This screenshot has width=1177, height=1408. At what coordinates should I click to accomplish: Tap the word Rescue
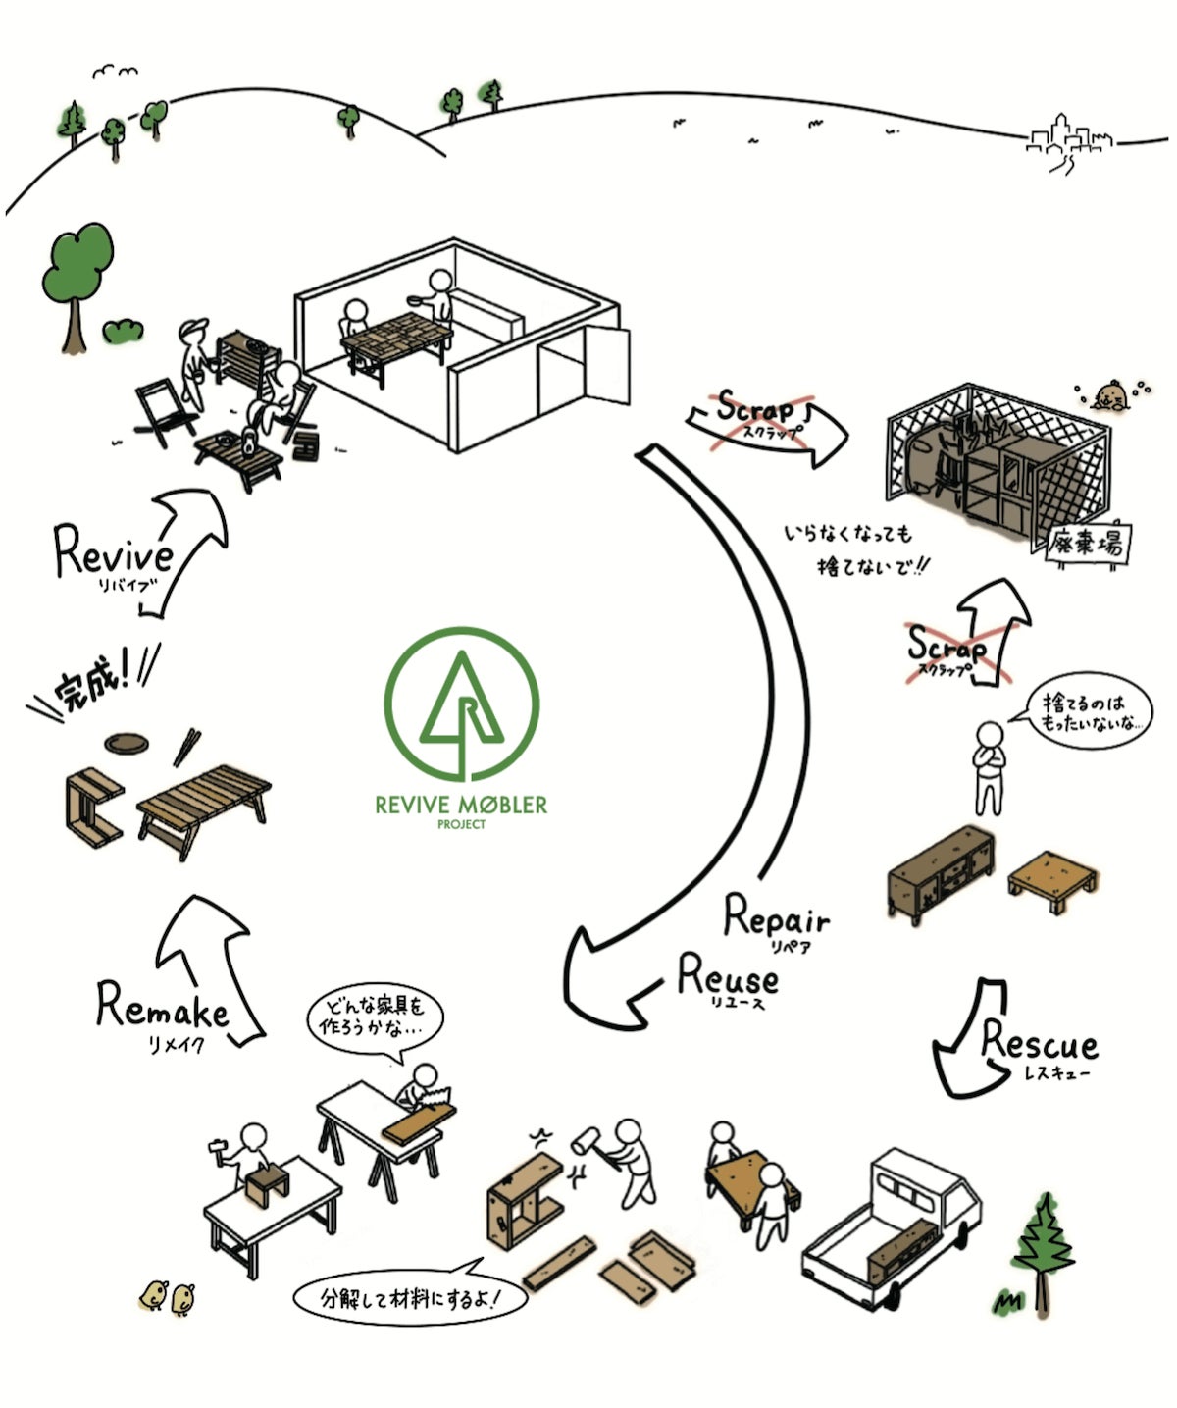(1039, 1041)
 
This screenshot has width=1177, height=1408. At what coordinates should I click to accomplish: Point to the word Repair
(776, 917)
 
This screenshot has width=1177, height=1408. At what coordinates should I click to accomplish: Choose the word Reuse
(729, 976)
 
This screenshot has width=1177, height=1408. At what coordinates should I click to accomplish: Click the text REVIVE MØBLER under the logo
(461, 806)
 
